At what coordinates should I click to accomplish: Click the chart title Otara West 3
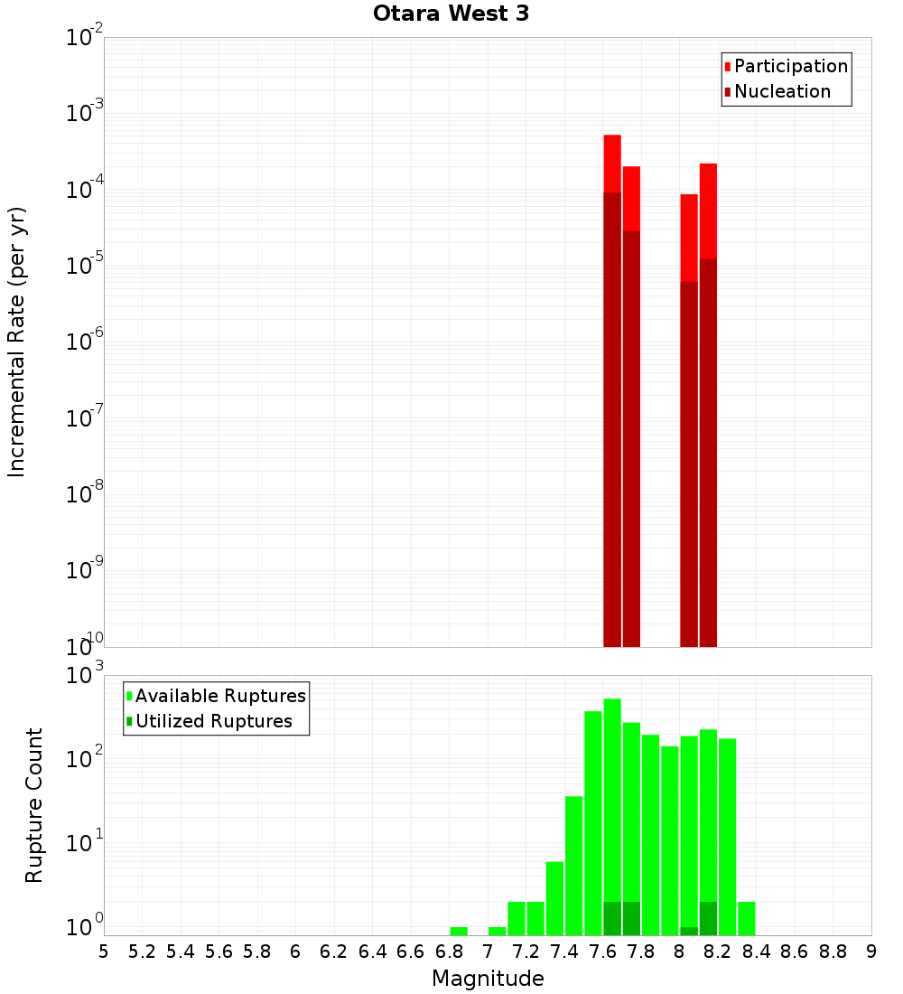click(x=451, y=14)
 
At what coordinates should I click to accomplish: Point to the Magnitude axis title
click(x=488, y=978)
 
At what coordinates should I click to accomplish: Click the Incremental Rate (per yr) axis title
click(x=17, y=342)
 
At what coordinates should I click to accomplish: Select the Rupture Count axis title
click(x=34, y=804)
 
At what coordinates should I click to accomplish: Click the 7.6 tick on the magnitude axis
click(x=603, y=951)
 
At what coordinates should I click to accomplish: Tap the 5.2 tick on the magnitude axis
click(x=142, y=951)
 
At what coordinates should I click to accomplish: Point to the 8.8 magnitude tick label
click(x=833, y=951)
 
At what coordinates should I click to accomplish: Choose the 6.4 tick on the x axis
click(x=372, y=951)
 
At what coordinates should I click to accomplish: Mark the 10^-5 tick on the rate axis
click(x=84, y=266)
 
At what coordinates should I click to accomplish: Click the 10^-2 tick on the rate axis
click(x=84, y=38)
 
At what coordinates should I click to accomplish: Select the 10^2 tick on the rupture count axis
click(x=84, y=759)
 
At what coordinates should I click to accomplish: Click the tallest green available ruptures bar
click(x=612, y=813)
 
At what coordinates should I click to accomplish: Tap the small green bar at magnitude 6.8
click(x=459, y=931)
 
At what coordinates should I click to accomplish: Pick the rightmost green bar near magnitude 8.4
click(x=747, y=918)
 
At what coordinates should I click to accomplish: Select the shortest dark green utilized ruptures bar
click(x=689, y=931)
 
